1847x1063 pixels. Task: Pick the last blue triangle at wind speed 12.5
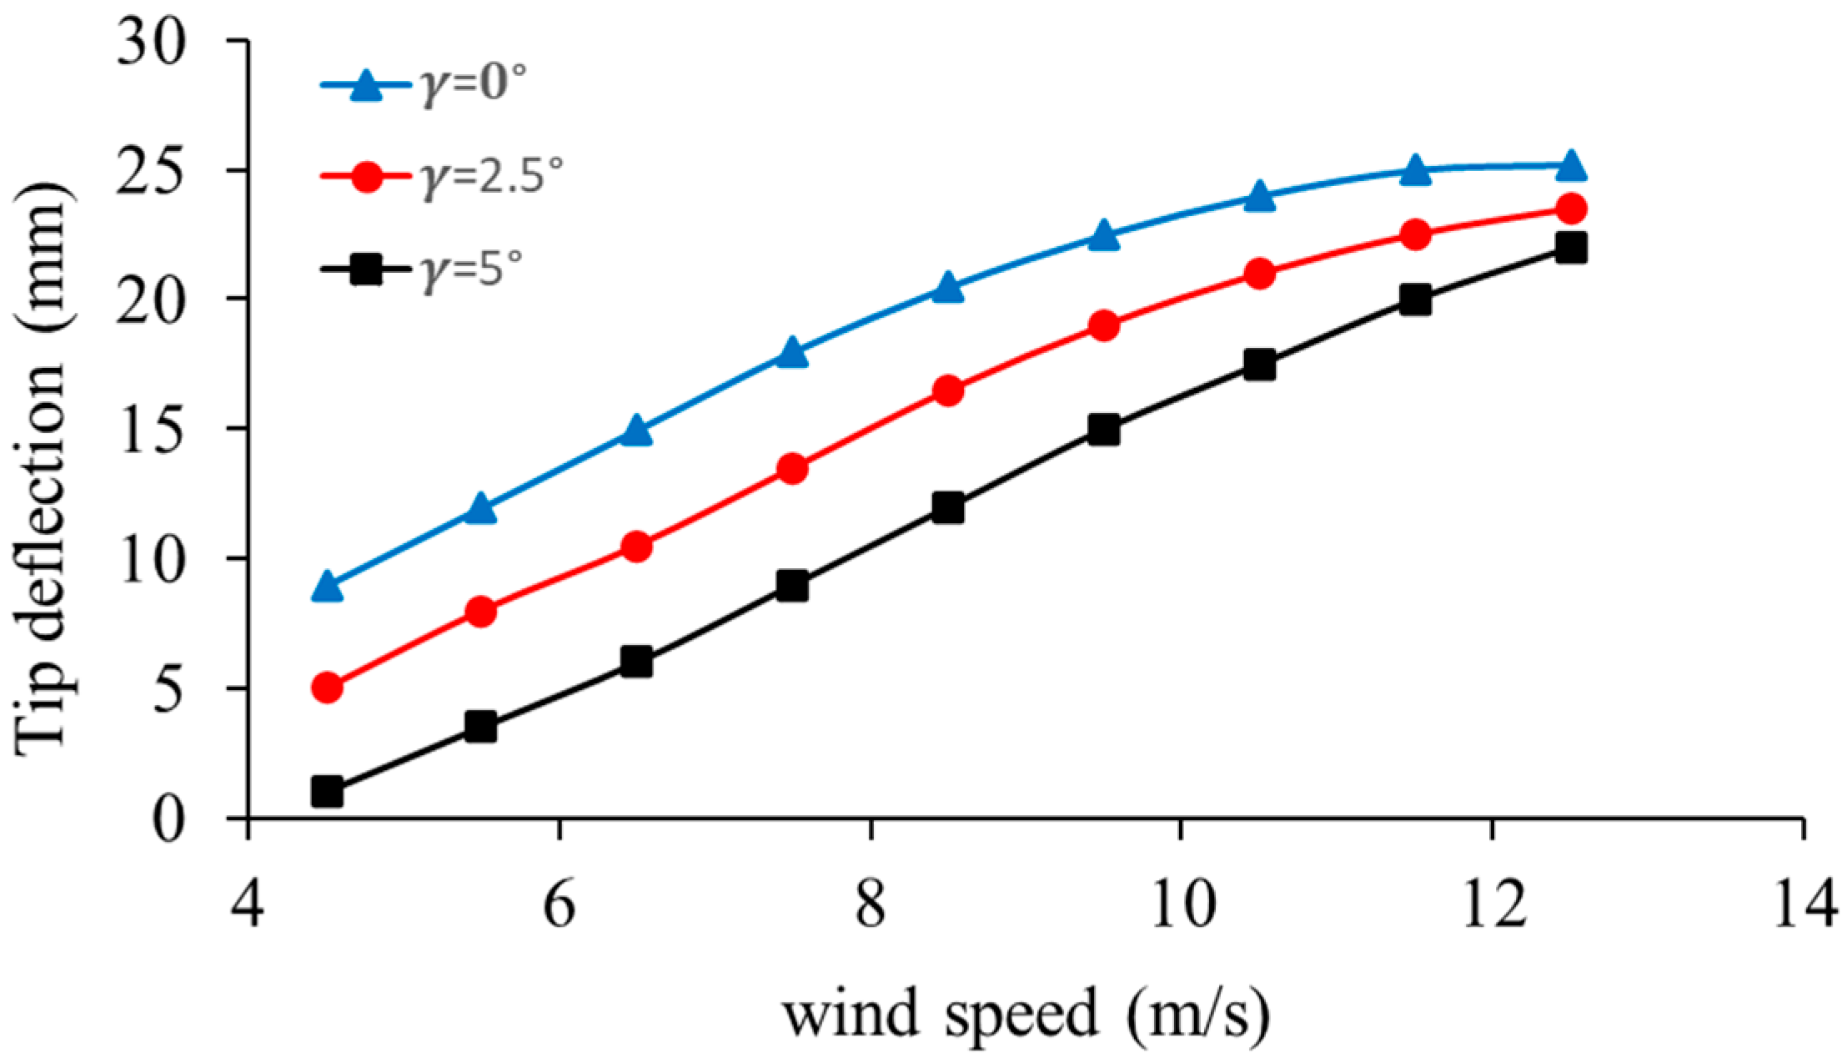[x=1571, y=167]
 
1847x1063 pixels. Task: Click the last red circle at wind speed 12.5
[x=1571, y=209]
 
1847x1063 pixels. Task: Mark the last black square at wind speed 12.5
[x=1571, y=248]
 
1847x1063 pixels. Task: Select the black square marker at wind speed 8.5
[x=948, y=507]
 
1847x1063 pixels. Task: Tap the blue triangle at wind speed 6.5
[x=636, y=431]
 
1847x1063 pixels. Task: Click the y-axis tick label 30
[x=156, y=42]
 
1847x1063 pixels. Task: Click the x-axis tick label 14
[x=1803, y=905]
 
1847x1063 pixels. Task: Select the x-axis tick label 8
[x=870, y=905]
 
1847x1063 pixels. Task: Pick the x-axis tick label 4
[x=248, y=905]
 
